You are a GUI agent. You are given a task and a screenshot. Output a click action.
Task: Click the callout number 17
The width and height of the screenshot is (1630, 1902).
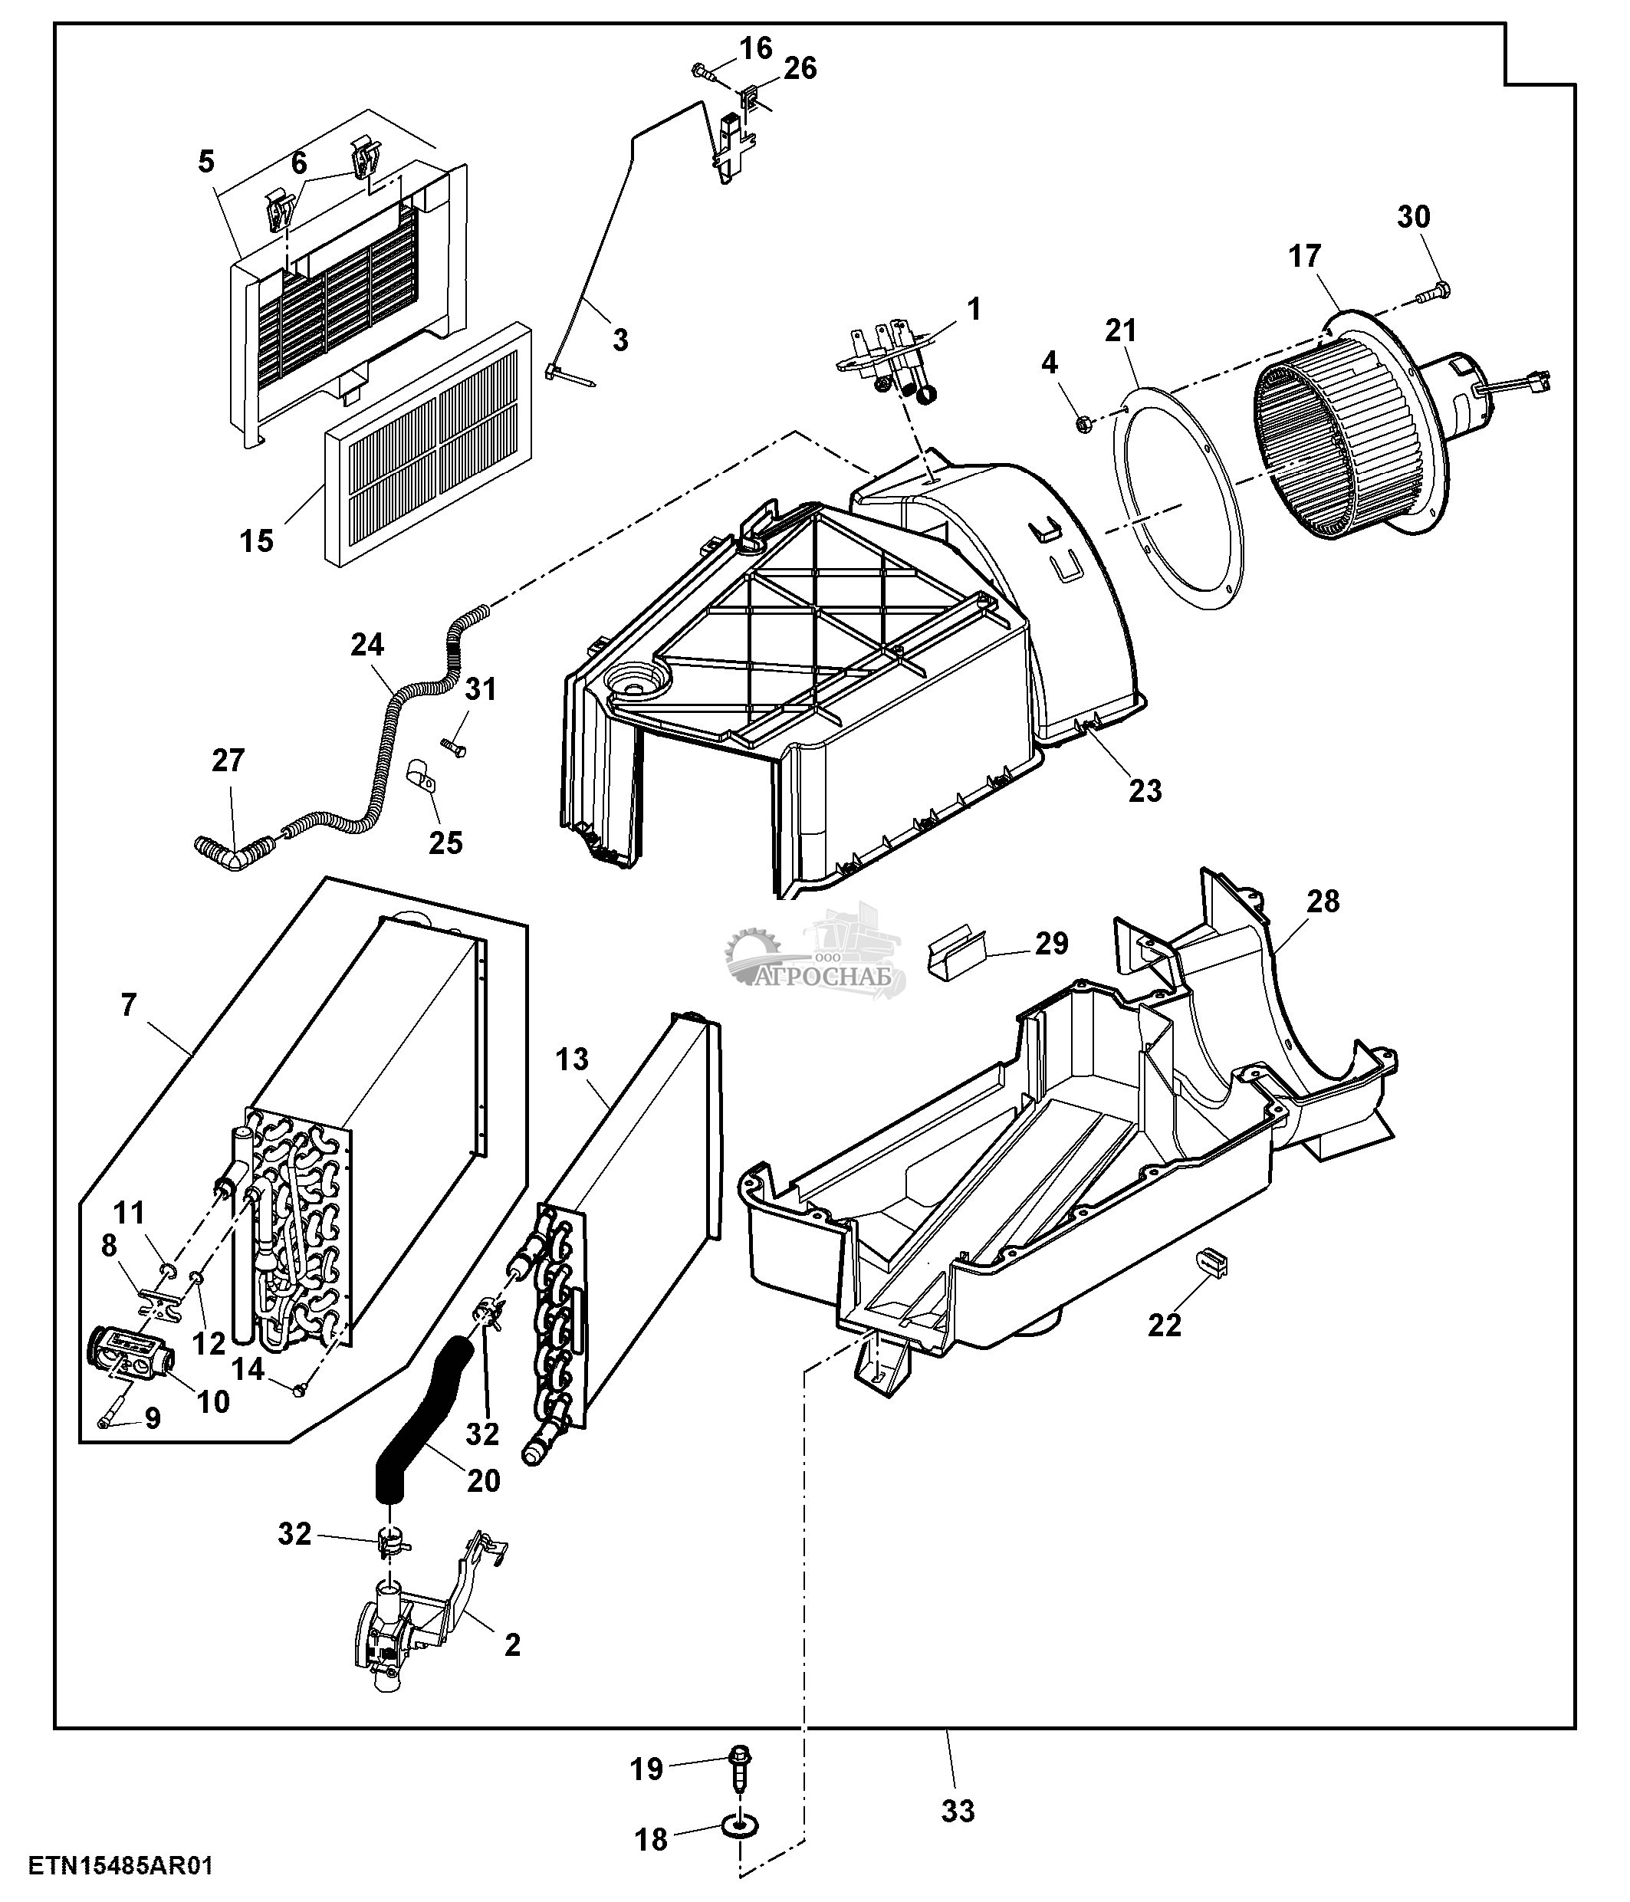pos(1304,256)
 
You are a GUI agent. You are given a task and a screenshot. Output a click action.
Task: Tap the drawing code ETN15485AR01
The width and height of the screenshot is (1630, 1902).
pos(120,1865)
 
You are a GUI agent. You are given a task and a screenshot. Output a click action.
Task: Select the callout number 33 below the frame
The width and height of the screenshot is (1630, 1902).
pos(958,1811)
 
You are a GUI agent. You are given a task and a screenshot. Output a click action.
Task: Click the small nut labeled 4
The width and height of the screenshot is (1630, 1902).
pos(1083,424)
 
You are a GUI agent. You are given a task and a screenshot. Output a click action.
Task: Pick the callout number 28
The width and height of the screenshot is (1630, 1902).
pos(1323,902)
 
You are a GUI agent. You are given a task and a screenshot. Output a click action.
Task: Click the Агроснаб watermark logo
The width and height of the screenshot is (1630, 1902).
pos(815,954)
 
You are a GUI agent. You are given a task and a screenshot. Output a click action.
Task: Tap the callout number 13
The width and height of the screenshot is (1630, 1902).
pos(571,1059)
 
